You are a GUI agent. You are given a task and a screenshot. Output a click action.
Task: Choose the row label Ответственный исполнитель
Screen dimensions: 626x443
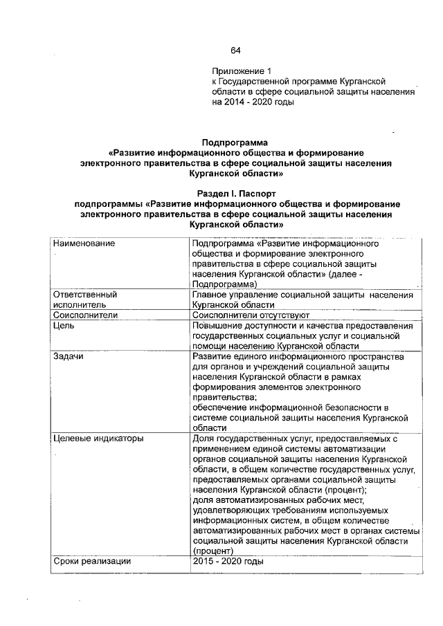(84, 300)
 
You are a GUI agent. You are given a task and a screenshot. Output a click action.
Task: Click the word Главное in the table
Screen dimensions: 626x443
(213, 295)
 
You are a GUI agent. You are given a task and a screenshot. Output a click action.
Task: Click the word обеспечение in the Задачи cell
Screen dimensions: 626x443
(223, 408)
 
